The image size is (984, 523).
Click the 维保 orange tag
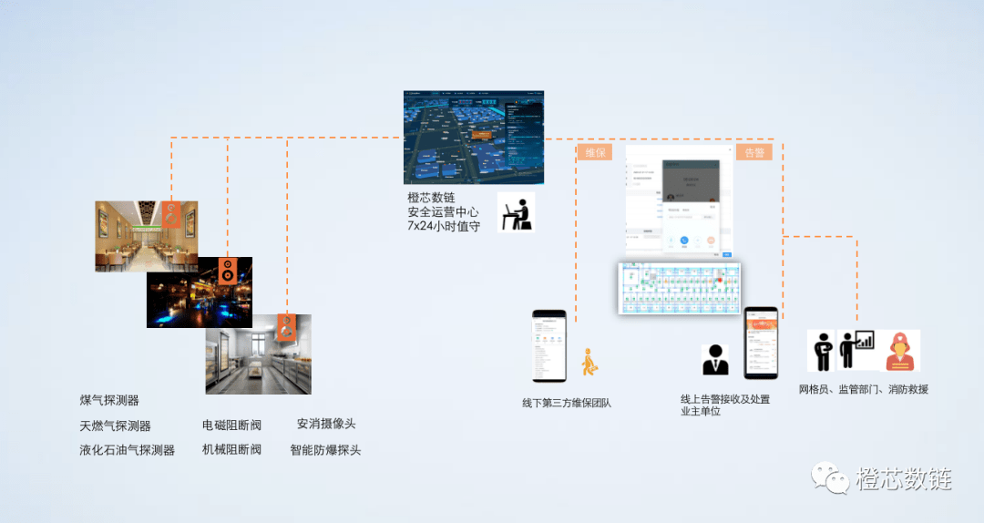coord(594,152)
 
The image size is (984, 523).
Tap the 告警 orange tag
coord(754,152)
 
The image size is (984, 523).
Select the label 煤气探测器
coord(109,400)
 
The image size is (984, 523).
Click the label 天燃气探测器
coord(115,426)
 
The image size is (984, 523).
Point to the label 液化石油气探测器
coord(127,450)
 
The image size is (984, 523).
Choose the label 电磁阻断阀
coord(231,425)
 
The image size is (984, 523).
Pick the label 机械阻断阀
coord(231,449)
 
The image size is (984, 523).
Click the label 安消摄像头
coord(326,424)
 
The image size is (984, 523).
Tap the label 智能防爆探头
coord(325,449)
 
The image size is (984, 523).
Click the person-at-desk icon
coord(516,211)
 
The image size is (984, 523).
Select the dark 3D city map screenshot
coord(474,137)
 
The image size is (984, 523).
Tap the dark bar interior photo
coord(199,292)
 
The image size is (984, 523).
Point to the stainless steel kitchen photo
coord(258,354)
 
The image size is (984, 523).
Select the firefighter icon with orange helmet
coord(902,351)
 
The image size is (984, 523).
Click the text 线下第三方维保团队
coord(566,403)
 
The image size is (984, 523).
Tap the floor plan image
coord(679,288)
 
